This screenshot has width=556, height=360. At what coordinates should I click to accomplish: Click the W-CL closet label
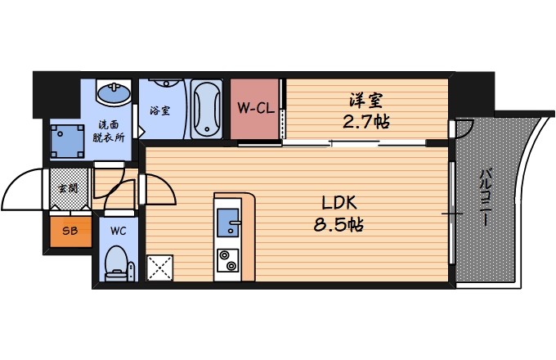point(254,108)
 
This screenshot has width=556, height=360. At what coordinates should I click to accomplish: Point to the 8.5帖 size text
point(338,223)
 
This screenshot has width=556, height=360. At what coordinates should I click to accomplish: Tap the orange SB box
point(66,231)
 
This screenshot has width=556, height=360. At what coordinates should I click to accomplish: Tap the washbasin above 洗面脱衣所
point(112,92)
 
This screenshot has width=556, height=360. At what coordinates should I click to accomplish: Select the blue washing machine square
point(68,140)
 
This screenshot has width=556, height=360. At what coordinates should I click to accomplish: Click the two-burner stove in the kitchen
point(226,260)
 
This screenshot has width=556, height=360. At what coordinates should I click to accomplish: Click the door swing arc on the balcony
point(464,128)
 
